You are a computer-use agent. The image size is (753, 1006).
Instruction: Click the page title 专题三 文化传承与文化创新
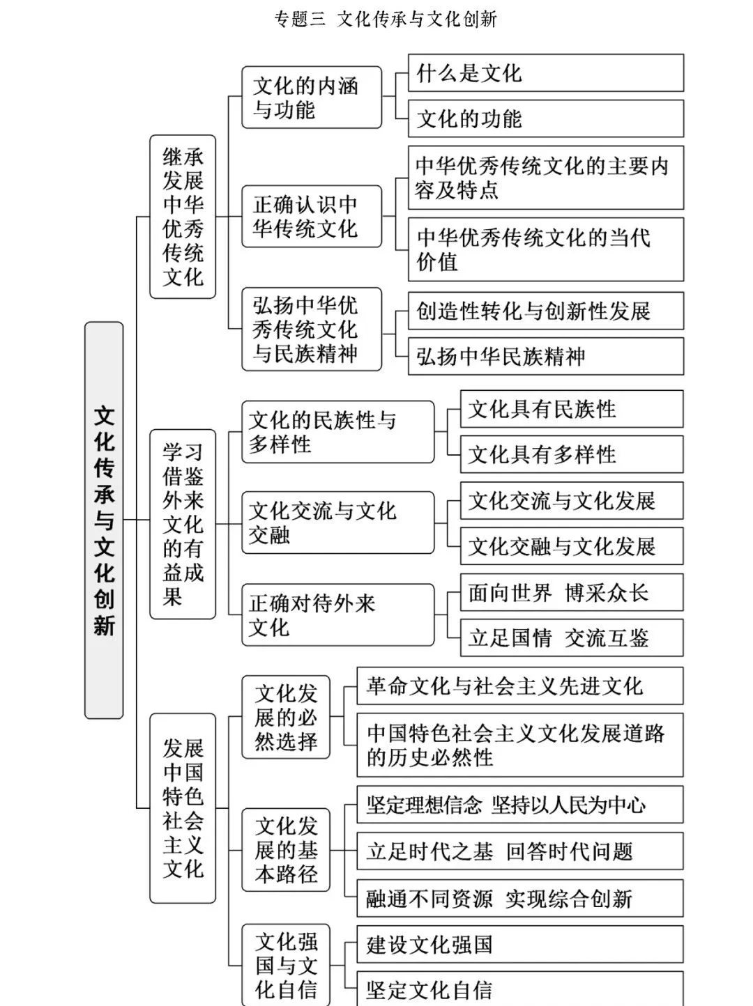pos(386,19)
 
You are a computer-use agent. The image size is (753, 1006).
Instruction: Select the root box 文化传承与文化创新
pos(104,520)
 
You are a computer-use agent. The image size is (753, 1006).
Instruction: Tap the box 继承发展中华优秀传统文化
pos(183,217)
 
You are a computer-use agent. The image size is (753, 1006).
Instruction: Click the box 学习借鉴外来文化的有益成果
pos(183,524)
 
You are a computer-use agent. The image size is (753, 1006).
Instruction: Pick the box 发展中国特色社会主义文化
pos(183,808)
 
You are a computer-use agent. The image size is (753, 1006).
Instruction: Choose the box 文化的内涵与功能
pos(312,98)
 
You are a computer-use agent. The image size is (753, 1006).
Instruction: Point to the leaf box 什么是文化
pos(545,73)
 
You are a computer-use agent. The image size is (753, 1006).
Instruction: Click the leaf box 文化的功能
pos(545,118)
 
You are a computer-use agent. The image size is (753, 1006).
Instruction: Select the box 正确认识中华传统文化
pos(312,216)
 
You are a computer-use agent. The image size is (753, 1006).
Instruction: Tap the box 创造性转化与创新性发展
pos(545,311)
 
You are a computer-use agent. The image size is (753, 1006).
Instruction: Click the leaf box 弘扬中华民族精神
pos(545,356)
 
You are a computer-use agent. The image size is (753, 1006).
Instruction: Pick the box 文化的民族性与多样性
pos(337,432)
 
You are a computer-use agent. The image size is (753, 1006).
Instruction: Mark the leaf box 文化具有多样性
pos(571,454)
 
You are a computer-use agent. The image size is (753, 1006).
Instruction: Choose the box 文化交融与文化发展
pos(571,546)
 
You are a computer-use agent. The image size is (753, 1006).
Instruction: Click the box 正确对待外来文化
pos(337,614)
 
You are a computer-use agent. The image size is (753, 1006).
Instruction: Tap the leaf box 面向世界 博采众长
pos(571,592)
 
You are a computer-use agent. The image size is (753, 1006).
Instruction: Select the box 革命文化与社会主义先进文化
pos(519,686)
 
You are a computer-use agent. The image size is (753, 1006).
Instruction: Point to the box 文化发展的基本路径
pos(286,849)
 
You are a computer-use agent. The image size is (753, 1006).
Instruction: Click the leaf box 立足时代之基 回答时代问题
pos(519,851)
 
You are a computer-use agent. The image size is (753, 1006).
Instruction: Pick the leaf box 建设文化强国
pos(519,944)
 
